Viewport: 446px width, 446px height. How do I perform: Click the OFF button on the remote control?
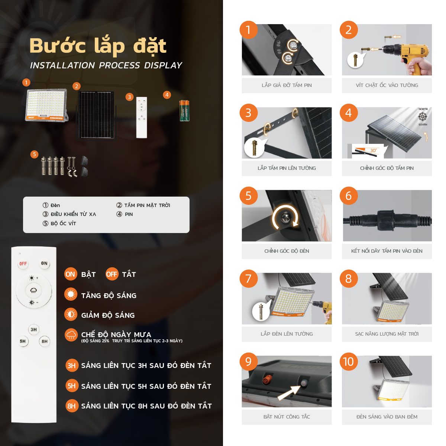[23, 264]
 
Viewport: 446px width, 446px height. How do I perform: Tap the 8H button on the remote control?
[45, 341]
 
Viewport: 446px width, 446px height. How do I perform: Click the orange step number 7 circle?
[248, 278]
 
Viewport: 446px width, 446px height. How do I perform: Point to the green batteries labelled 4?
[184, 110]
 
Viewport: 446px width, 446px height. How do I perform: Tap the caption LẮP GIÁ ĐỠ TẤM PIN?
[287, 85]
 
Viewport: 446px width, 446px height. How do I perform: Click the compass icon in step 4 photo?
[423, 117]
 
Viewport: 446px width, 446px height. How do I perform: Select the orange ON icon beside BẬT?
[70, 274]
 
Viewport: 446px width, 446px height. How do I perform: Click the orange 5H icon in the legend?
[71, 386]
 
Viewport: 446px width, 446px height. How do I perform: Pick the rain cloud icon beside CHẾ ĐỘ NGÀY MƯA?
[71, 334]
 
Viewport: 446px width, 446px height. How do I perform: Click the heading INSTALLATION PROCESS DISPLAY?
[106, 65]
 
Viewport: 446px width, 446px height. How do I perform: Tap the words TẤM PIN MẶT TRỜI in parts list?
[147, 205]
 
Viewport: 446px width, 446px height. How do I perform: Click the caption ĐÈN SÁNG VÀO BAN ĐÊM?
[387, 417]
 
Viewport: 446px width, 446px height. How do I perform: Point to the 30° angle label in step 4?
[373, 151]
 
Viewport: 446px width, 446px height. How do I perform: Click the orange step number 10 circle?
[349, 361]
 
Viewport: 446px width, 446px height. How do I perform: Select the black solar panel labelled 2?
[96, 115]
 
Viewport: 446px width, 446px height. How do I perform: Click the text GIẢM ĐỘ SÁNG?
[108, 315]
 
